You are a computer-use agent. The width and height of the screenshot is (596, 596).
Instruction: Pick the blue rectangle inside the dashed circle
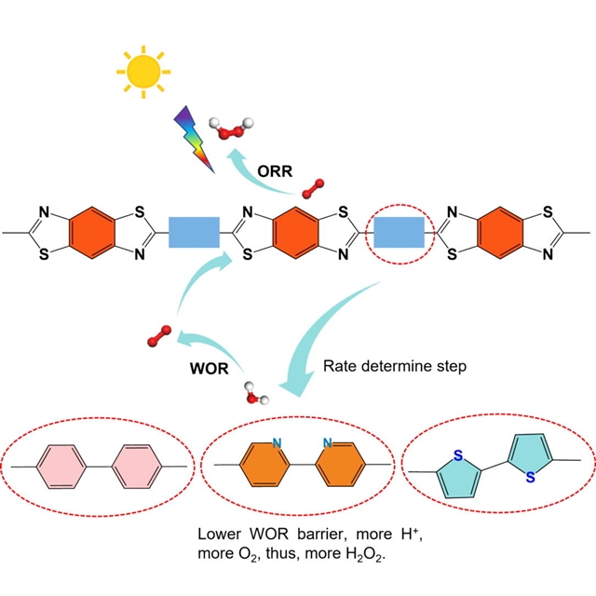tap(399, 230)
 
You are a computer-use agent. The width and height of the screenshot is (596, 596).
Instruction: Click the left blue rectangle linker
tap(194, 230)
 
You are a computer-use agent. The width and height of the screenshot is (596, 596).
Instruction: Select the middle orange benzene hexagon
tap(297, 230)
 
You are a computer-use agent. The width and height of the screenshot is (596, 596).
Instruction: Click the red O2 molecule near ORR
tap(315, 187)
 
